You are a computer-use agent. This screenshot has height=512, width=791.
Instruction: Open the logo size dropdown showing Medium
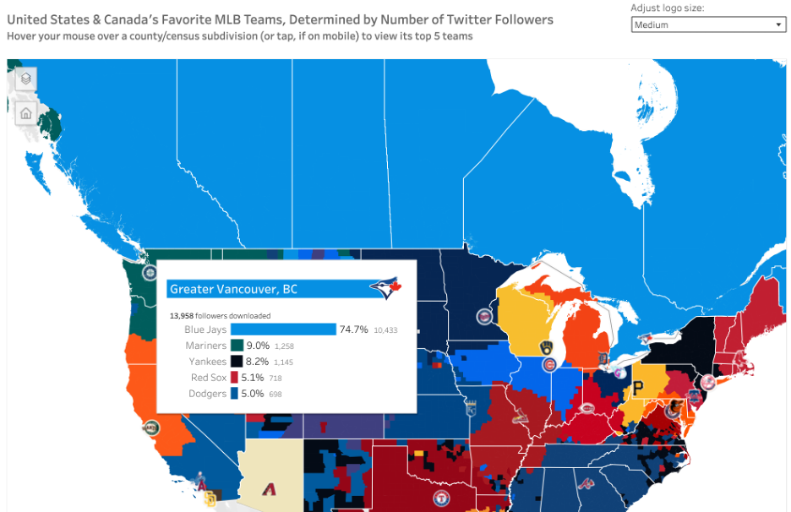point(708,25)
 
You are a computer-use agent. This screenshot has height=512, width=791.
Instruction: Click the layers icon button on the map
point(26,79)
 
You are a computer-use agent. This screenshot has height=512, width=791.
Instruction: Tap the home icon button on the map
point(26,112)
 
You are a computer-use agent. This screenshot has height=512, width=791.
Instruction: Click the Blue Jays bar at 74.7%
point(283,330)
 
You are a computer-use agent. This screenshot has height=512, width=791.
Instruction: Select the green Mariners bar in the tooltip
point(237,346)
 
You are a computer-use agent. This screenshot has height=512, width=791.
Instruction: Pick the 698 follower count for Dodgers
point(279,395)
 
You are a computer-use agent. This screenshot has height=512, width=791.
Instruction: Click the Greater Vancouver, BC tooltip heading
point(234,289)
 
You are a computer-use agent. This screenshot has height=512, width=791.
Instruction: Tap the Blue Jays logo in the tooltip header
point(385,289)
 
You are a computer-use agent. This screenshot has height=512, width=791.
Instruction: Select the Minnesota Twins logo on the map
point(485,316)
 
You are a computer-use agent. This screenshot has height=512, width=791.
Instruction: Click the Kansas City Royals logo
point(470,410)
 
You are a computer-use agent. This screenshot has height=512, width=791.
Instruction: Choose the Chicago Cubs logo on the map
point(550,365)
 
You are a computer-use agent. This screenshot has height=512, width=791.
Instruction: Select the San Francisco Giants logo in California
point(150,428)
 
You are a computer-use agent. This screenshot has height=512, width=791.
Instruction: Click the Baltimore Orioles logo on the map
point(673,410)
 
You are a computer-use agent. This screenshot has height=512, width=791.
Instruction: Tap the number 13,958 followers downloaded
point(183,315)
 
